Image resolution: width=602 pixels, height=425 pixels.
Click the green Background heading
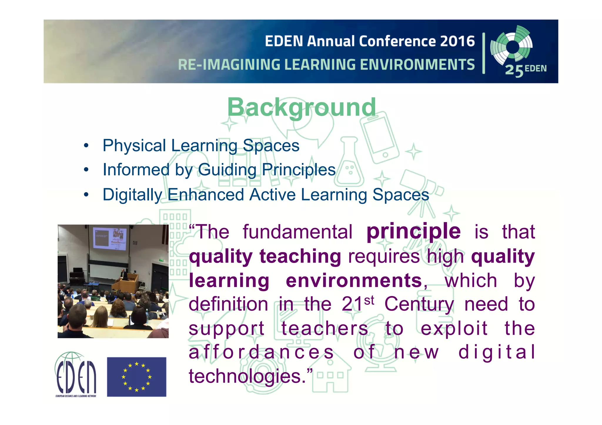(302, 107)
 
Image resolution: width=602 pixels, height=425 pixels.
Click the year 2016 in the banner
(457, 41)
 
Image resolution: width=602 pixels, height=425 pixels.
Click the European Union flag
(136, 377)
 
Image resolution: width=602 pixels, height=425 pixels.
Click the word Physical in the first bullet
(134, 146)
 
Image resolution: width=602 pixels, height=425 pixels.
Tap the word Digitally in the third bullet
(132, 195)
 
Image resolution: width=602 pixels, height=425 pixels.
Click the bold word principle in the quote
(413, 232)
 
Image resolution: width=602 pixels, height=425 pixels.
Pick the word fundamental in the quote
(297, 232)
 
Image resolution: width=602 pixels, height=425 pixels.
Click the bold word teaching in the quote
(300, 256)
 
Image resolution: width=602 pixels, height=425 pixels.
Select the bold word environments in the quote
(354, 280)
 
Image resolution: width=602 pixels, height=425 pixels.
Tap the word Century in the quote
(419, 304)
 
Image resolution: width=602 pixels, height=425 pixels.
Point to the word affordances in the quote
(261, 352)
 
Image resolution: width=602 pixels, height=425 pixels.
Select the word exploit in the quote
(454, 328)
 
